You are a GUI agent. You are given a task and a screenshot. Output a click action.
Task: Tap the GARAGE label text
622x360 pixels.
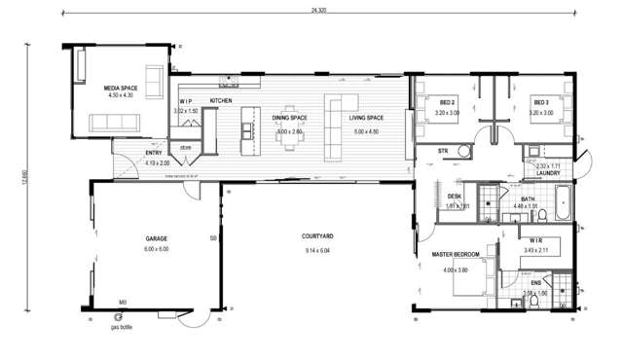pos(157,238)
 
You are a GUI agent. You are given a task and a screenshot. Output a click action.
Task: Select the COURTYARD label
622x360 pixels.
pos(318,236)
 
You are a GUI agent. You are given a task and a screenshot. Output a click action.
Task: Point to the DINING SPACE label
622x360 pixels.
pos(289,118)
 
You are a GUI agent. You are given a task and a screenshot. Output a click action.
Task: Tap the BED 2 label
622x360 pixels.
pos(448,102)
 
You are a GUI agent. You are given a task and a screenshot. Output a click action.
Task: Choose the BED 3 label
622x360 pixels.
pos(540,102)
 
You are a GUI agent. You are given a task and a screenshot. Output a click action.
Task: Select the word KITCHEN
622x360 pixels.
pos(221,101)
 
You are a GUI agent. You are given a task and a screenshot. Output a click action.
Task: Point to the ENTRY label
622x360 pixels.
pos(154,153)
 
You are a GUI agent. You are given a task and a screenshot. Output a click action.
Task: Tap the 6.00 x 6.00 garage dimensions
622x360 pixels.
pos(157,249)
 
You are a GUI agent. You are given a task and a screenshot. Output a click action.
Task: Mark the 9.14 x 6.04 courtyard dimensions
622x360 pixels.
pos(318,251)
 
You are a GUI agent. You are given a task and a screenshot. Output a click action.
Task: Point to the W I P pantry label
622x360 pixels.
pos(189,101)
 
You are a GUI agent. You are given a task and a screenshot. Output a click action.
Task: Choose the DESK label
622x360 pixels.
pos(455,196)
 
